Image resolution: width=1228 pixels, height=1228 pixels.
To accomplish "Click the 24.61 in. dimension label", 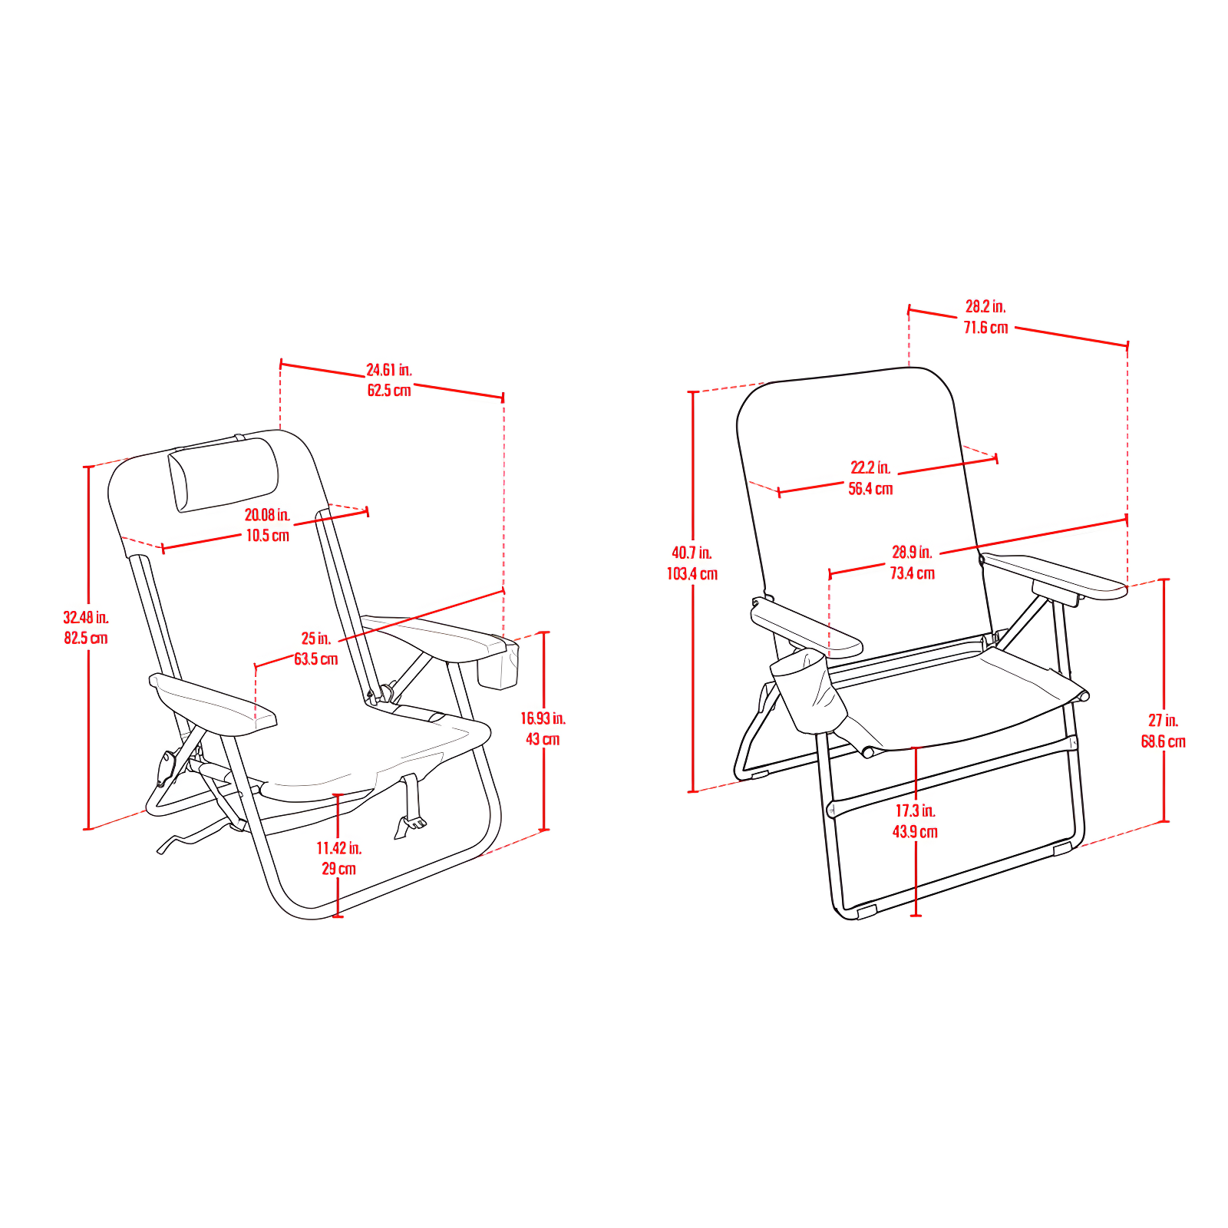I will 388,370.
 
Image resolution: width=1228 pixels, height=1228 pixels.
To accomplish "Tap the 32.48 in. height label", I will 86,617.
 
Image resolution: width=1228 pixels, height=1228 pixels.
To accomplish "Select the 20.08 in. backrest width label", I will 267,515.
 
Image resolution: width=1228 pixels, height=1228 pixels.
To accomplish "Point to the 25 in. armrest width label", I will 315,639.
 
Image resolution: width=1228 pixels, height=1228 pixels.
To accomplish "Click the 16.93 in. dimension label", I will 543,718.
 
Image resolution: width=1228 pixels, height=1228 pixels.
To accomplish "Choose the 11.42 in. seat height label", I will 338,848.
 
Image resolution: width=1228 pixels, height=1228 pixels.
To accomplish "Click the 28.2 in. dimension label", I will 985,307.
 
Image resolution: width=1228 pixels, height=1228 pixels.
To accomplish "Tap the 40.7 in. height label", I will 692,553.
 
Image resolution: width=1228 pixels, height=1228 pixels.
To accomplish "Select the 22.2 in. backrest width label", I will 870,467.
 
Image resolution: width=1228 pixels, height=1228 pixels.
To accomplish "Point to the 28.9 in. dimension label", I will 912,552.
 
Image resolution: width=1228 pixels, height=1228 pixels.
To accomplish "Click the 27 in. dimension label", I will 1163,721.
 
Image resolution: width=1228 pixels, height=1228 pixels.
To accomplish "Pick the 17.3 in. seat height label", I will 915,810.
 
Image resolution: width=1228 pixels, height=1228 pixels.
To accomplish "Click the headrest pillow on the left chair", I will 223,473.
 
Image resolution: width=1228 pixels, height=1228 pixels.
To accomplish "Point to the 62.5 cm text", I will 389,391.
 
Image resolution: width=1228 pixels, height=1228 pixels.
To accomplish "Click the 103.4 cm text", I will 692,574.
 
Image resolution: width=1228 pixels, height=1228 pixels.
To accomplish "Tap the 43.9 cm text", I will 915,832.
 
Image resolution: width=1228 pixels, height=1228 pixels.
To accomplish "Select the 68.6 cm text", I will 1163,741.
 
